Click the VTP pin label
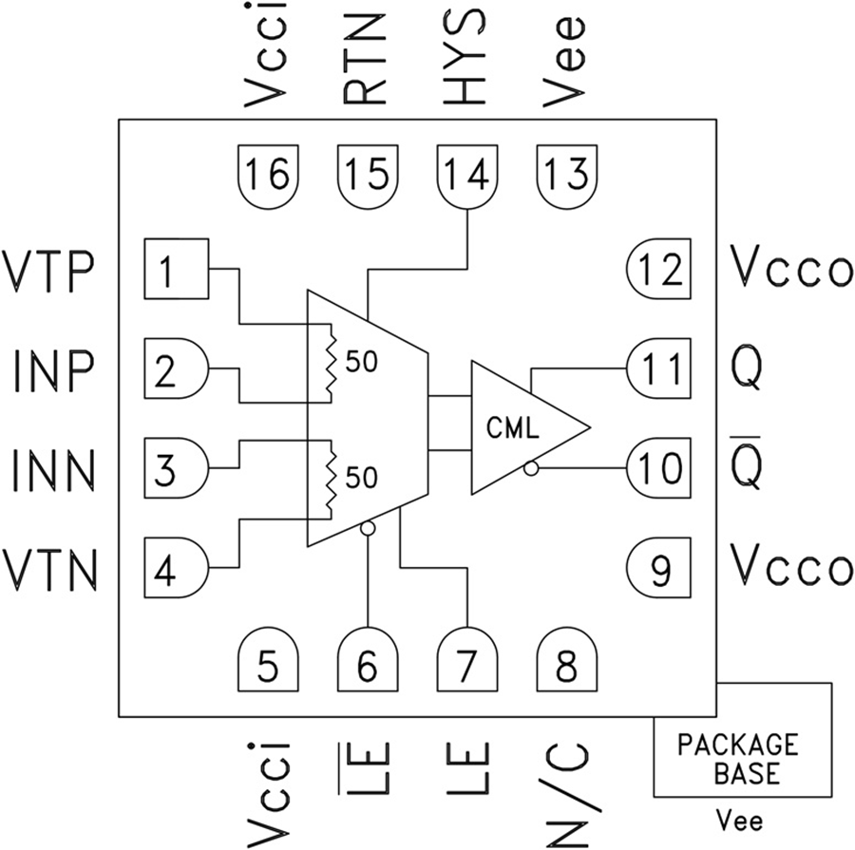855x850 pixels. click(49, 270)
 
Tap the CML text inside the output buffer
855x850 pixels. click(513, 428)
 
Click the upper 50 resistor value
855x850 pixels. click(362, 364)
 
